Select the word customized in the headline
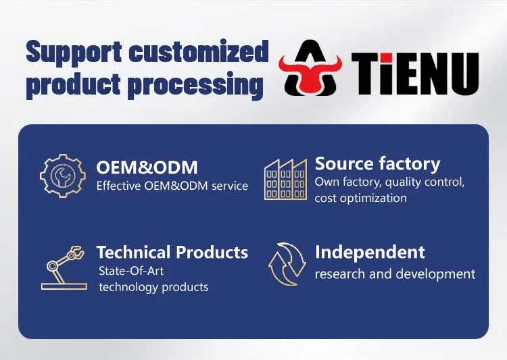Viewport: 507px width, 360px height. (199, 51)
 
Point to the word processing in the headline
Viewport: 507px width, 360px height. (195, 85)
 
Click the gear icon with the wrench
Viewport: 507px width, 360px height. (63, 176)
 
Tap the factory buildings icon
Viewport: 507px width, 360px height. (286, 180)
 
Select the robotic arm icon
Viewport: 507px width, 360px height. (64, 268)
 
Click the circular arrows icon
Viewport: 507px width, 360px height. (287, 264)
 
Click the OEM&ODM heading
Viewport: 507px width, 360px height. (147, 168)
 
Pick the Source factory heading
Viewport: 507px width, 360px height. (377, 163)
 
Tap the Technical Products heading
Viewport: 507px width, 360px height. (172, 252)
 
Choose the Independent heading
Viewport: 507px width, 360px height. (370, 253)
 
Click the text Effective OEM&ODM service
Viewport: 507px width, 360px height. (172, 186)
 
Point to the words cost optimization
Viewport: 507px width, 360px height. (361, 198)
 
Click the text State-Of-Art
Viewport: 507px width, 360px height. (131, 271)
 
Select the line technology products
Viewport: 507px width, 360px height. (153, 287)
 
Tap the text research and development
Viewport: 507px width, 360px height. (395, 274)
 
